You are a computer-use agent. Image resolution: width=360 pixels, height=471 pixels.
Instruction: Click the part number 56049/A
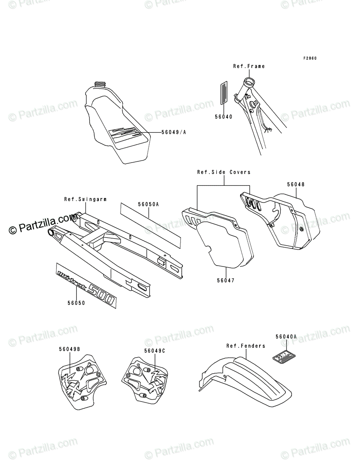tap(174, 132)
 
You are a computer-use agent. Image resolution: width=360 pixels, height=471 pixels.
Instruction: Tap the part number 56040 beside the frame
tap(223, 117)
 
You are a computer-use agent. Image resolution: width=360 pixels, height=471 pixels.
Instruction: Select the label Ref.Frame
tap(249, 66)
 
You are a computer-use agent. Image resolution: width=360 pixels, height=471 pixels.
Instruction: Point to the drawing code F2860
tap(309, 58)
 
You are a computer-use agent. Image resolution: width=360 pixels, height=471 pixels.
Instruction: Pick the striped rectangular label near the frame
tap(223, 93)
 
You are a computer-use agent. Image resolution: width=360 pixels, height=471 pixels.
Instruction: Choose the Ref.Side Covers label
tap(224, 172)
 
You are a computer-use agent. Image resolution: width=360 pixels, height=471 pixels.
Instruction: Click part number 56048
tap(296, 184)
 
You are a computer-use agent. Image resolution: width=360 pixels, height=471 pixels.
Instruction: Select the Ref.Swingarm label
tap(86, 199)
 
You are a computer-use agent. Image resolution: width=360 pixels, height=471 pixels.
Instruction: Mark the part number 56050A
tap(148, 204)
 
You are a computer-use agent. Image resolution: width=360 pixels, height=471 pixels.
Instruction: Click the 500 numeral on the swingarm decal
tap(101, 296)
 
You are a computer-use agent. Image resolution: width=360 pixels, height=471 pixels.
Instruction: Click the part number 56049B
tap(69, 349)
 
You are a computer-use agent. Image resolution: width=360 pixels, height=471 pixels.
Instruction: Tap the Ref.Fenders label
tap(246, 346)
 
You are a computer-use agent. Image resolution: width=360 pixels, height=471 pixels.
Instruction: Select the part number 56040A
tap(286, 336)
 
